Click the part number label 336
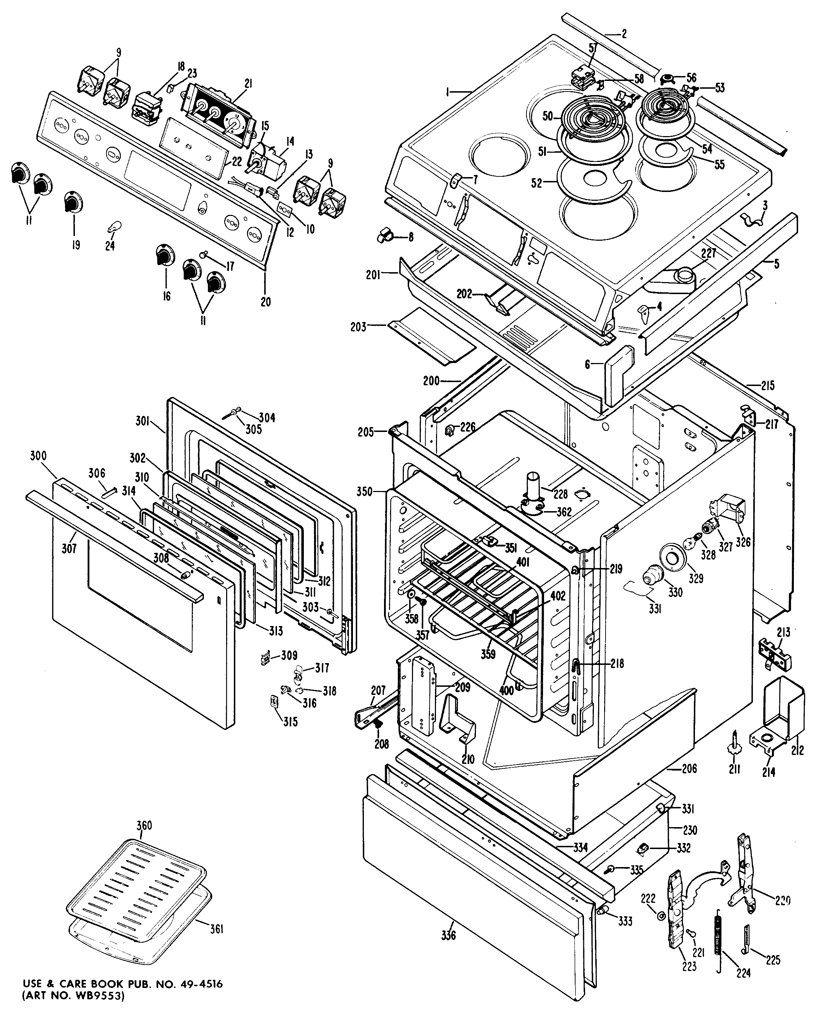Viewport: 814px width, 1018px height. tap(448, 935)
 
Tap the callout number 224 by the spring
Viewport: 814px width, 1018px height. tap(743, 969)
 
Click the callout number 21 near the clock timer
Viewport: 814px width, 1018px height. tap(248, 83)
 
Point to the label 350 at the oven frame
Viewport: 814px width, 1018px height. tap(364, 492)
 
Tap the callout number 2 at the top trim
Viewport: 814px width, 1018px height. tap(624, 34)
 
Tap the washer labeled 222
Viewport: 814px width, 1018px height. tap(661, 916)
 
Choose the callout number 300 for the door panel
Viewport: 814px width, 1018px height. tap(38, 456)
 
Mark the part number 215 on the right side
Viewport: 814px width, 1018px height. tap(768, 386)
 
